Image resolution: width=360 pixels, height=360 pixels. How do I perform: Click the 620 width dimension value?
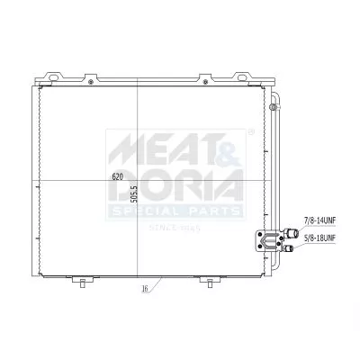117,177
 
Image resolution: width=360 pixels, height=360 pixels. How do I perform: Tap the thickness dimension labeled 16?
144,290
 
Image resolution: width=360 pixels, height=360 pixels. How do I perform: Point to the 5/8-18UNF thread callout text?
319,239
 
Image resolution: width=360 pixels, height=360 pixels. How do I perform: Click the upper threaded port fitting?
289,230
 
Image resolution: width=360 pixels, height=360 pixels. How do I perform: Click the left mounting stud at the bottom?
83,283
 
